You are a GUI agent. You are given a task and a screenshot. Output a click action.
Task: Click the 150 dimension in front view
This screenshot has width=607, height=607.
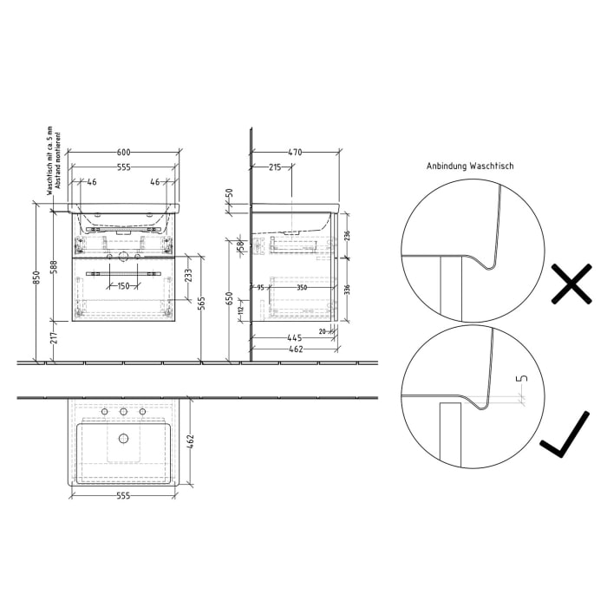pyautogui.click(x=125, y=285)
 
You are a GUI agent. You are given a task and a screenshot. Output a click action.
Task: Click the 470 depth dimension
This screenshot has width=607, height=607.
pyautogui.click(x=295, y=152)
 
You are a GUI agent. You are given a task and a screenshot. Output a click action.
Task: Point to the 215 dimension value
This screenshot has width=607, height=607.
pyautogui.click(x=274, y=166)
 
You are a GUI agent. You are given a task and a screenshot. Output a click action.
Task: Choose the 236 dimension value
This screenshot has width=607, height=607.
pyautogui.click(x=347, y=235)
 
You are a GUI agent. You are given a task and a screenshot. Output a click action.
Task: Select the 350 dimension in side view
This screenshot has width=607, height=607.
pyautogui.click(x=301, y=286)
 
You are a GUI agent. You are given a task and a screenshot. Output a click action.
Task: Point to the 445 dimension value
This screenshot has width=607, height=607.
pyautogui.click(x=294, y=337)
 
